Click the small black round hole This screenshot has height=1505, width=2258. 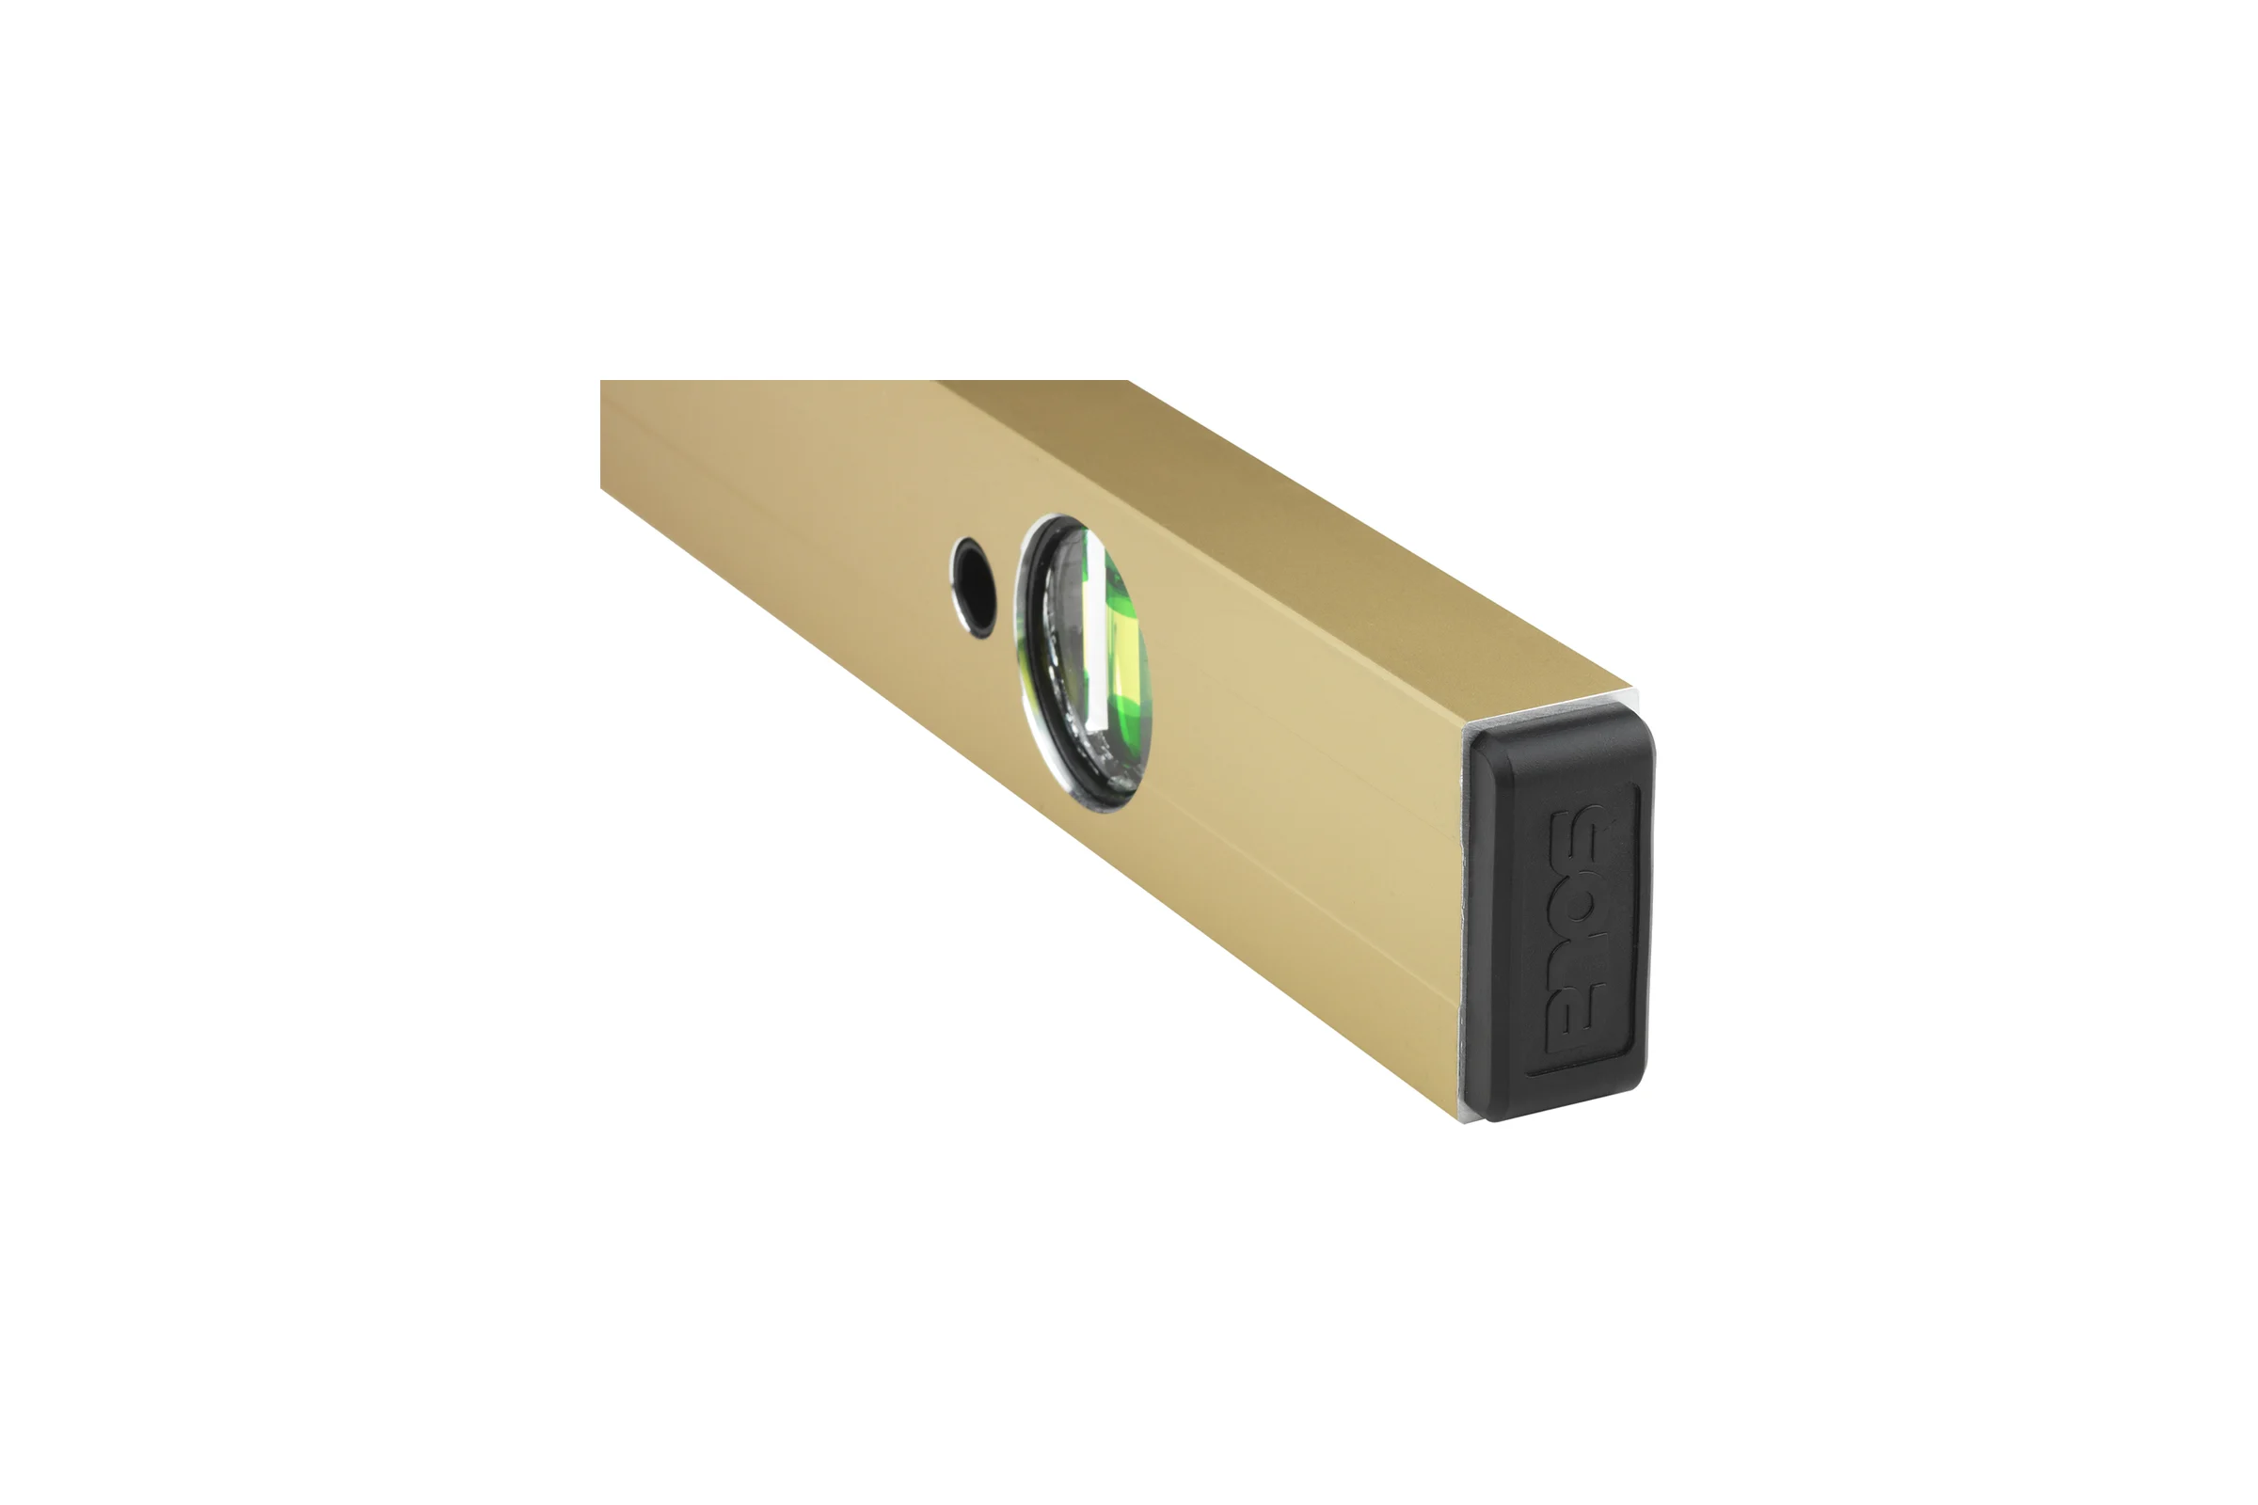[x=975, y=587]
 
